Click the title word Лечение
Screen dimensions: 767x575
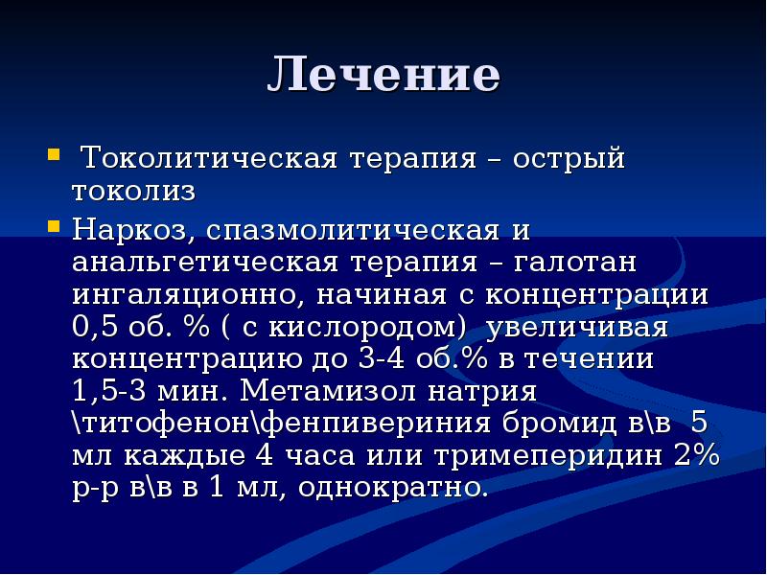click(384, 75)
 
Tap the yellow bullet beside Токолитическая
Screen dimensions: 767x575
click(54, 155)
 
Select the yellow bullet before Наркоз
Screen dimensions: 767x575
click(54, 226)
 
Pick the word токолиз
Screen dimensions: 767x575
click(133, 191)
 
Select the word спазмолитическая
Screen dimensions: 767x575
click(353, 230)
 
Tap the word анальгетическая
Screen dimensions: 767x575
click(205, 262)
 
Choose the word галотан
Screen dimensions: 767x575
click(574, 262)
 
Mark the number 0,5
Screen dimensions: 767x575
click(95, 327)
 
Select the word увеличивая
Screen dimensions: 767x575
click(577, 327)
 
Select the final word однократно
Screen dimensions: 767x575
click(393, 488)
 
